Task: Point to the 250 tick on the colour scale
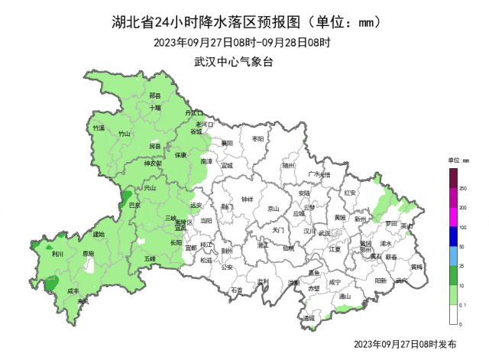tap(463, 186)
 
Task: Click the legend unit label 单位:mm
tap(458, 161)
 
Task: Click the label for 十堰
tap(155, 108)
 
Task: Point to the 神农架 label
tap(153, 164)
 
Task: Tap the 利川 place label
tap(57, 255)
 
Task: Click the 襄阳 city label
tap(227, 143)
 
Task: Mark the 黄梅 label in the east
tap(416, 267)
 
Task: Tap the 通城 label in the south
tap(308, 318)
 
